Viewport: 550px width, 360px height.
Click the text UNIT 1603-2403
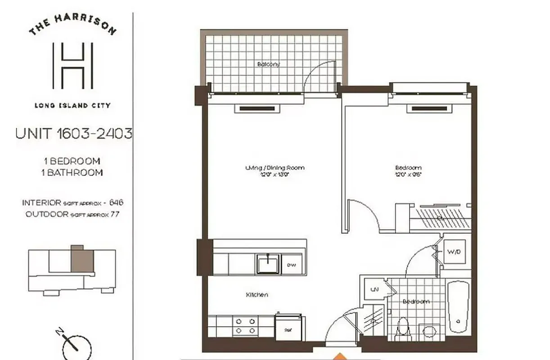click(74, 134)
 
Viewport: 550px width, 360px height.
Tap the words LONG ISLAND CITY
click(72, 106)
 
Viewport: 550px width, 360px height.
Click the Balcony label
click(268, 64)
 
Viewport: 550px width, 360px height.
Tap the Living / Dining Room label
click(275, 168)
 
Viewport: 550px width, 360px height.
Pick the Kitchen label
click(257, 295)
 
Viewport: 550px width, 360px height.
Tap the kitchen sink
click(268, 264)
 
